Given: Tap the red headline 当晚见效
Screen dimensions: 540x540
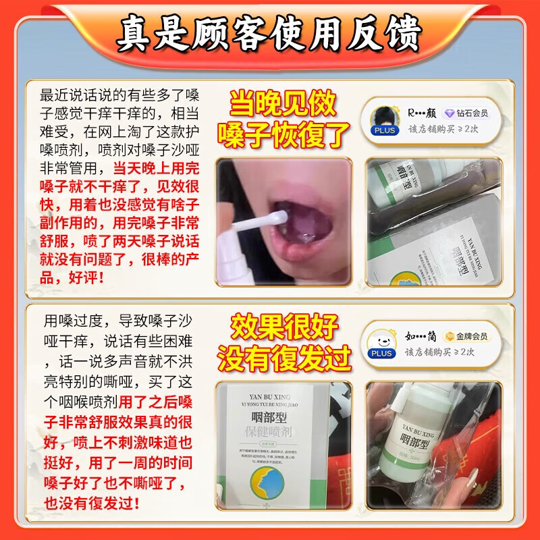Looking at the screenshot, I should click(x=282, y=104).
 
